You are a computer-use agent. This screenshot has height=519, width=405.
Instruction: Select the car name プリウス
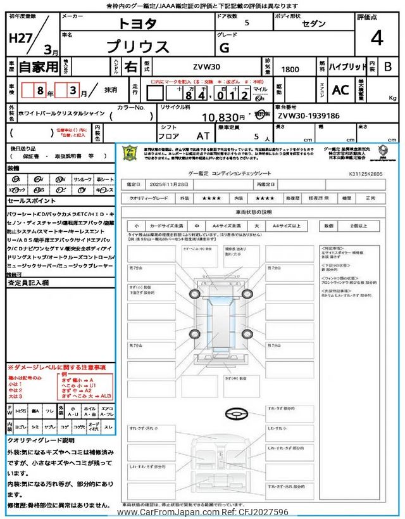coord(137,47)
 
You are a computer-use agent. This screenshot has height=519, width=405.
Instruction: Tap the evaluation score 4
coord(377,39)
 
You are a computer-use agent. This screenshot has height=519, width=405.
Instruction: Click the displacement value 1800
coord(290,67)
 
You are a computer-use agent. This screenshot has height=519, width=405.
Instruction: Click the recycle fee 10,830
coord(223,117)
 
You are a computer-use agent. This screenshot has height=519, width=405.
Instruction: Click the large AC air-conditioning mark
coord(340,91)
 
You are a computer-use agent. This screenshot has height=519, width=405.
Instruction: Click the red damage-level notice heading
coord(56,368)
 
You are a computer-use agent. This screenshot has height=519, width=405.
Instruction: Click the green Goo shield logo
coord(129,153)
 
